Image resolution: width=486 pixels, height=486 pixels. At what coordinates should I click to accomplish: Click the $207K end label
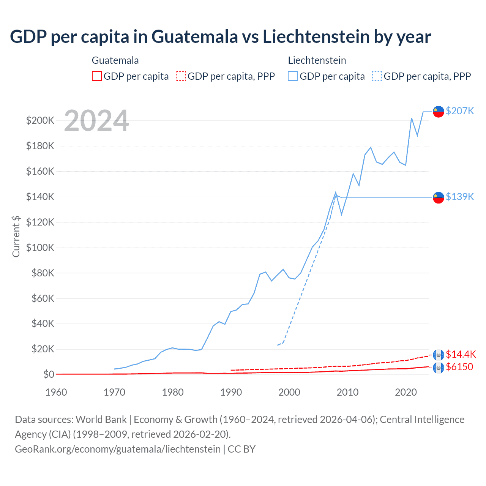pos(460,111)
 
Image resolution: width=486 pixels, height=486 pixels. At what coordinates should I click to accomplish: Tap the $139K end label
pos(460,197)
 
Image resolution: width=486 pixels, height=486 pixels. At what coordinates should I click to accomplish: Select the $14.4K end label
pos(461,354)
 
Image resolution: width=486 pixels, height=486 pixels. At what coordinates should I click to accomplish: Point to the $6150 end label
pos(459,367)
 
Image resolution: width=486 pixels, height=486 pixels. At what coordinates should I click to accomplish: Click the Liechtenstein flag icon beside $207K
pos(439,111)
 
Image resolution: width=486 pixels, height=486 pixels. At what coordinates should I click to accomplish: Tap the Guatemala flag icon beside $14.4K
pos(439,355)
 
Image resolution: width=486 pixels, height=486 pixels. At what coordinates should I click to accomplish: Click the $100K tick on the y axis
pos(40,248)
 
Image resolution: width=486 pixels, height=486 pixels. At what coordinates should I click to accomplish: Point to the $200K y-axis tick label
pos(40,121)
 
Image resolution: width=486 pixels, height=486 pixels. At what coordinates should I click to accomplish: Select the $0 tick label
pos(49,374)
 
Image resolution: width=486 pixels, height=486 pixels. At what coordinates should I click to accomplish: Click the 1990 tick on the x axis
pos(231,392)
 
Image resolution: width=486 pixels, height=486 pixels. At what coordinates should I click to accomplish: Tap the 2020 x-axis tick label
pos(406,392)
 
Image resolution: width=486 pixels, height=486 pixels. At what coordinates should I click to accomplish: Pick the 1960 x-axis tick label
pos(56,392)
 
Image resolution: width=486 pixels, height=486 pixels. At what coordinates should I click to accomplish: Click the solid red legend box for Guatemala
pos(97,76)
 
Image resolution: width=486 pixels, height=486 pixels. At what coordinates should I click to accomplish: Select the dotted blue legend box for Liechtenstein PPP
pos(377,76)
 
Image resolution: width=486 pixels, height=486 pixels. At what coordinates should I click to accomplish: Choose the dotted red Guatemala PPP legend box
pos(181,76)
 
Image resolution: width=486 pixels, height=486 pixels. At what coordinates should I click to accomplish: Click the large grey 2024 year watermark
pos(96,121)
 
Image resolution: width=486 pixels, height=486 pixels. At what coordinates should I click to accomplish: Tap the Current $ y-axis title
pos(16,236)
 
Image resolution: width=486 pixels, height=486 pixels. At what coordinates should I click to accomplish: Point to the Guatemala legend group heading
pos(115,60)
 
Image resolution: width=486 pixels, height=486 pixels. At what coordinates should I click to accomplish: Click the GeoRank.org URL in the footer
pos(118,449)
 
